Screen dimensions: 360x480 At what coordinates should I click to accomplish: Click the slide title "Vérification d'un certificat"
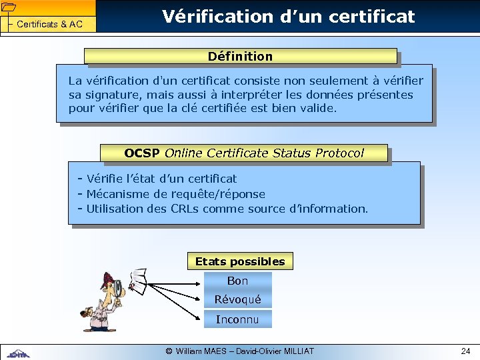(289, 16)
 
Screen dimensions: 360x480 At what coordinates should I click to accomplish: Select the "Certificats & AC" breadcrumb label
(49, 25)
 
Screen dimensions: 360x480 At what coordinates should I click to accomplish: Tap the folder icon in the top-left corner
(9, 7)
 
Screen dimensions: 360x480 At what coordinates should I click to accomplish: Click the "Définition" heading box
(240, 57)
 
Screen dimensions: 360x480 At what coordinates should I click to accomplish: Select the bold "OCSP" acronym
(141, 153)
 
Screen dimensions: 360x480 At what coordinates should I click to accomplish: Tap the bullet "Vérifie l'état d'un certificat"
(161, 179)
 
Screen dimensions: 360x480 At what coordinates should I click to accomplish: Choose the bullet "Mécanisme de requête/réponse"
(175, 194)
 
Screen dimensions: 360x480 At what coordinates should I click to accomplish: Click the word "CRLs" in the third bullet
(185, 209)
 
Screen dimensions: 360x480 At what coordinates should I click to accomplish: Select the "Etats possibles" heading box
(240, 262)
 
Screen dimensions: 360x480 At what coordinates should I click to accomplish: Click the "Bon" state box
(238, 281)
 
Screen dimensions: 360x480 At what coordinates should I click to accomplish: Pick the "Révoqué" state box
(238, 300)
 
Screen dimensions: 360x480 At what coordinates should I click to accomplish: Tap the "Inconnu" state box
(238, 319)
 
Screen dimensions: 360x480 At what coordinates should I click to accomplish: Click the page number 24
(465, 351)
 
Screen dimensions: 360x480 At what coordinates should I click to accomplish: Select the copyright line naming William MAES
(239, 351)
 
